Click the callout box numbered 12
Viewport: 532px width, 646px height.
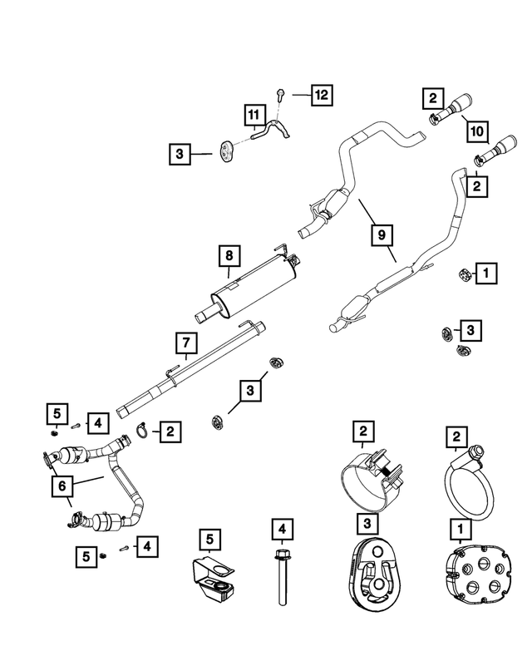pos(320,95)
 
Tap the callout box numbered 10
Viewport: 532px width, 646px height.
pos(476,131)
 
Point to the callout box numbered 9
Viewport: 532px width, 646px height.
pos(382,235)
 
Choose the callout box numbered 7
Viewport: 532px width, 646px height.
pos(186,343)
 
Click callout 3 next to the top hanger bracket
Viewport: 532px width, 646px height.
pos(179,153)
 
